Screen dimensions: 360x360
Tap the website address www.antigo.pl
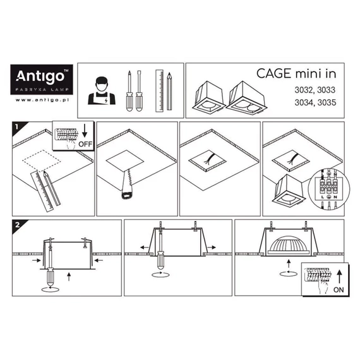tap(42, 100)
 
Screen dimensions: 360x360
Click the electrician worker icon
tap(102, 91)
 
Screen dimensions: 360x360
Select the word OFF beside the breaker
tap(85, 144)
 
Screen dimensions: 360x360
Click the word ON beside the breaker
tap(339, 290)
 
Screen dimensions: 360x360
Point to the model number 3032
tap(303, 90)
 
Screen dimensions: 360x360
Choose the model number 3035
tap(327, 102)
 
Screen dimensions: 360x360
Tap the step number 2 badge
tap(18, 225)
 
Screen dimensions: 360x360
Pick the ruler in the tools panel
tap(159, 91)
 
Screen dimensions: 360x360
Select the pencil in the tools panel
tap(169, 91)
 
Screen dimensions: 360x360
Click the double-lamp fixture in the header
tap(247, 99)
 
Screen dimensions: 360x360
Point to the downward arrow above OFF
tap(85, 131)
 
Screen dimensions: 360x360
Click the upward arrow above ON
tap(339, 277)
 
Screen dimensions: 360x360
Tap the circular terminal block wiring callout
tap(329, 189)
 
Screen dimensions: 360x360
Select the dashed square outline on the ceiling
tap(42, 160)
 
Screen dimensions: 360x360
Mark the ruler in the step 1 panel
tap(42, 191)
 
